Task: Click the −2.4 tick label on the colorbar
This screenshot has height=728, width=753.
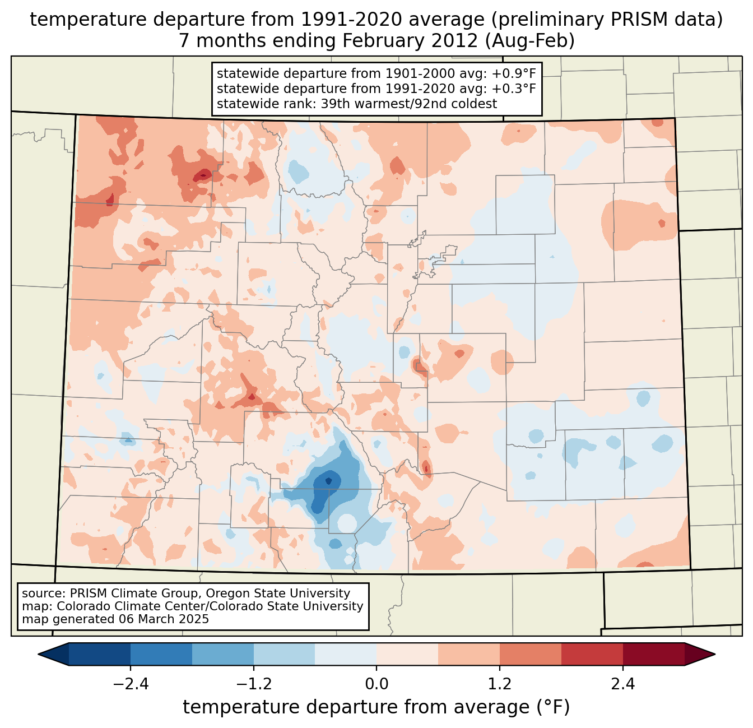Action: tap(131, 684)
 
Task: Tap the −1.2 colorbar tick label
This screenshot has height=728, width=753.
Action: tap(254, 684)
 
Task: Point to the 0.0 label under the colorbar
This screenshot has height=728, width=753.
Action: tap(376, 684)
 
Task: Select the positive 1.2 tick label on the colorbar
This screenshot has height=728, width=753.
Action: tap(500, 684)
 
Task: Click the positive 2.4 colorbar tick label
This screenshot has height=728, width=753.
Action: tap(622, 684)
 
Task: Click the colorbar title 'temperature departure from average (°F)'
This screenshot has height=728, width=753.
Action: tap(376, 707)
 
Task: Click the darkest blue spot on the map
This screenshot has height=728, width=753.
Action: tap(329, 480)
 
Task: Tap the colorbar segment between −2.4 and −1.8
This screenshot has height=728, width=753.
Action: tap(161, 654)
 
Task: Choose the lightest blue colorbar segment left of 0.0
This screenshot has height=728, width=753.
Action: tap(346, 654)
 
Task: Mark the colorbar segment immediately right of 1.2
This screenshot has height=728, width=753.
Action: tap(530, 654)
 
